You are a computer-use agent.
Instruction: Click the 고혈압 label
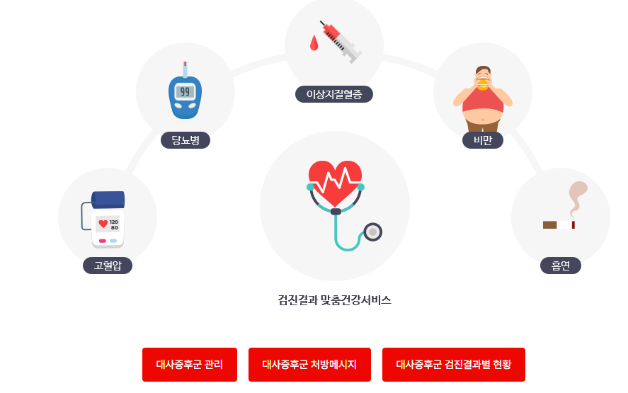click(108, 266)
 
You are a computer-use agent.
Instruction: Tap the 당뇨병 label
click(185, 140)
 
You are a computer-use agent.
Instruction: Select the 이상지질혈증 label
click(333, 94)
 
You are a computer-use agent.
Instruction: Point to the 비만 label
click(483, 140)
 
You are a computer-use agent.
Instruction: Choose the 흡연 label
click(561, 266)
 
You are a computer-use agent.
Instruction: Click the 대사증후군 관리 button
click(190, 365)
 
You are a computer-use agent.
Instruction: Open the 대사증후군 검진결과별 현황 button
click(454, 365)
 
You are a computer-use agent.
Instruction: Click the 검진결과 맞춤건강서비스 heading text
click(335, 300)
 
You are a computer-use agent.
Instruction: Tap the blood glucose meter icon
click(185, 92)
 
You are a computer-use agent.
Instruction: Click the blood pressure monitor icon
click(108, 220)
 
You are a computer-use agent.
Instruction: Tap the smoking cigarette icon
click(559, 224)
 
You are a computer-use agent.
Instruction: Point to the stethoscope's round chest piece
click(372, 232)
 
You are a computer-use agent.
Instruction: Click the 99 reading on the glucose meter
click(185, 91)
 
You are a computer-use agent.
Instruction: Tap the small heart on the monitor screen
click(103, 224)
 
